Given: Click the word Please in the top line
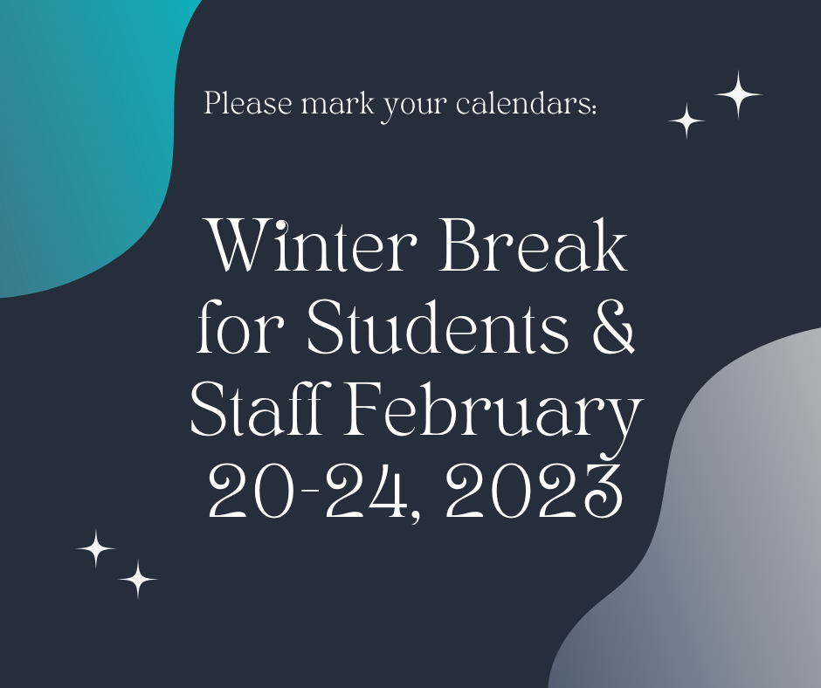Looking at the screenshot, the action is click(x=248, y=103).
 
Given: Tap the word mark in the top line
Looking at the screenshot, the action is click(x=338, y=103).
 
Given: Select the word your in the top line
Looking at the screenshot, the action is click(x=413, y=107).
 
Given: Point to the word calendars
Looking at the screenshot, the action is click(x=523, y=103).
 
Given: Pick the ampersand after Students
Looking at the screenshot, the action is click(x=613, y=327).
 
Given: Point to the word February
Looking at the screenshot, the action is click(x=493, y=414).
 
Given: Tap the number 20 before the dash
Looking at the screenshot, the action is click(x=249, y=491).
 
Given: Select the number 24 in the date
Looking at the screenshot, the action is click(x=366, y=491).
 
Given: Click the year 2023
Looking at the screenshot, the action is click(x=535, y=491).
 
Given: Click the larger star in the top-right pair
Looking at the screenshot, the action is click(x=738, y=95).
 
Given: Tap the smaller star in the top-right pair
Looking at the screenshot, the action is click(x=686, y=121).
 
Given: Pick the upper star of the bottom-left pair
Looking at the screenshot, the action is click(x=96, y=548).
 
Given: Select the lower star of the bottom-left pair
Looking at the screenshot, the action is click(x=138, y=579).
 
